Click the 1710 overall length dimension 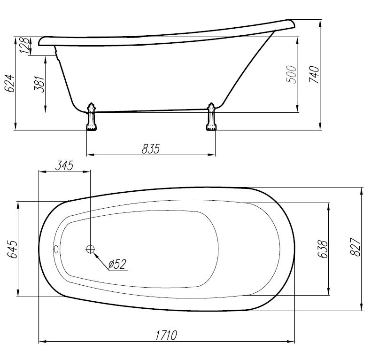[166, 335]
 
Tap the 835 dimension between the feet [151, 149]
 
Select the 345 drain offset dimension [64, 165]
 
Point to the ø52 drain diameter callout [117, 264]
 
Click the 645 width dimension [12, 249]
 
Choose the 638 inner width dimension [323, 249]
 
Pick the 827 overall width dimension [355, 247]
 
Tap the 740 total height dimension [314, 75]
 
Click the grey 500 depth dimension [292, 74]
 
